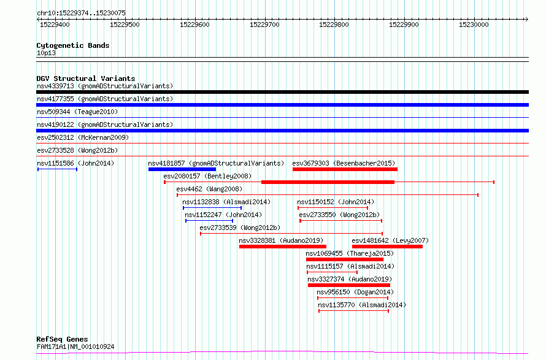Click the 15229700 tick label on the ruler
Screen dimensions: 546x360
[264, 25]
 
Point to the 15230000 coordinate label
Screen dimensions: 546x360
[474, 25]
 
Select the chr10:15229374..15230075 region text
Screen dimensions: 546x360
[81, 13]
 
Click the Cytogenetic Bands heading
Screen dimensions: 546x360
[73, 45]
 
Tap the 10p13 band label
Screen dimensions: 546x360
[46, 53]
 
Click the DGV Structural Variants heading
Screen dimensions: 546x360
[86, 79]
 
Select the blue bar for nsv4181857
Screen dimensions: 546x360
[182, 169]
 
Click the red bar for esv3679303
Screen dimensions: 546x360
[345, 169]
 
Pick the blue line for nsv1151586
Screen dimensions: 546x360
[58, 169]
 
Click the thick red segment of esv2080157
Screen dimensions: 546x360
[328, 182]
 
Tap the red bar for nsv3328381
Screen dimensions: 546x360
[283, 247]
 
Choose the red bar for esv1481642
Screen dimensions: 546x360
[387, 247]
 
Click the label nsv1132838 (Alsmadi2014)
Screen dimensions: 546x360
[226, 202]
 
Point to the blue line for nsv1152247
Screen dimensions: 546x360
[209, 221]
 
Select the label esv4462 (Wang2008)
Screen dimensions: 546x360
[209, 189]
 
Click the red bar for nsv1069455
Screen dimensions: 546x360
[345, 259]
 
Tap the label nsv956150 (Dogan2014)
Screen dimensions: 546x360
[355, 292]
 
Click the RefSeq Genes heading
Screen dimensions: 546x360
[62, 339]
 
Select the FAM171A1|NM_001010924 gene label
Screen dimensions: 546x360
[75, 347]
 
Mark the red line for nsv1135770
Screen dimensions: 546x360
[354, 311]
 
